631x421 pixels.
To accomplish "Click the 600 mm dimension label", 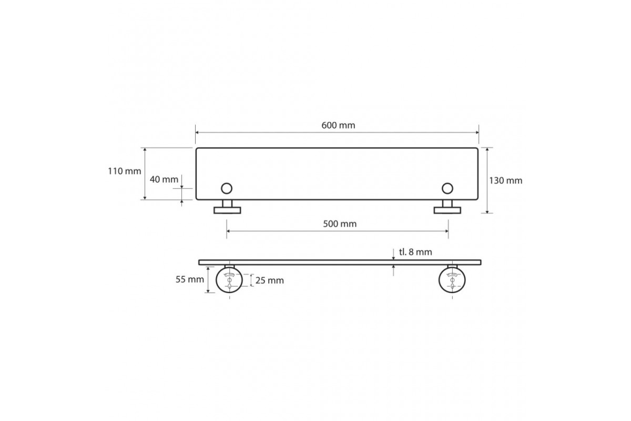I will (338, 126).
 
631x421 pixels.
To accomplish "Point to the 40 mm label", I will (164, 179).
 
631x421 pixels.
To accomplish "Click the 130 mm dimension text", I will (506, 181).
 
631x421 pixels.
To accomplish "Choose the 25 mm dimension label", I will (269, 280).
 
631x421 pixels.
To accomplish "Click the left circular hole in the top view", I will (227, 188).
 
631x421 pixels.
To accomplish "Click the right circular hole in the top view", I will (447, 188).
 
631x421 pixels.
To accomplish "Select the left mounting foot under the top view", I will (227, 210).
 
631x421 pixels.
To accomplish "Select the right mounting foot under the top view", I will (447, 210).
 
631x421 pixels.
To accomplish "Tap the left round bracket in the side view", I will (230, 280).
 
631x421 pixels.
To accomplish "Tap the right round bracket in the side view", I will (452, 280).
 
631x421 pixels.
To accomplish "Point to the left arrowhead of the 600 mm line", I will (198, 133).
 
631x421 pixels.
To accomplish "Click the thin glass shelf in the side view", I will (340, 262).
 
